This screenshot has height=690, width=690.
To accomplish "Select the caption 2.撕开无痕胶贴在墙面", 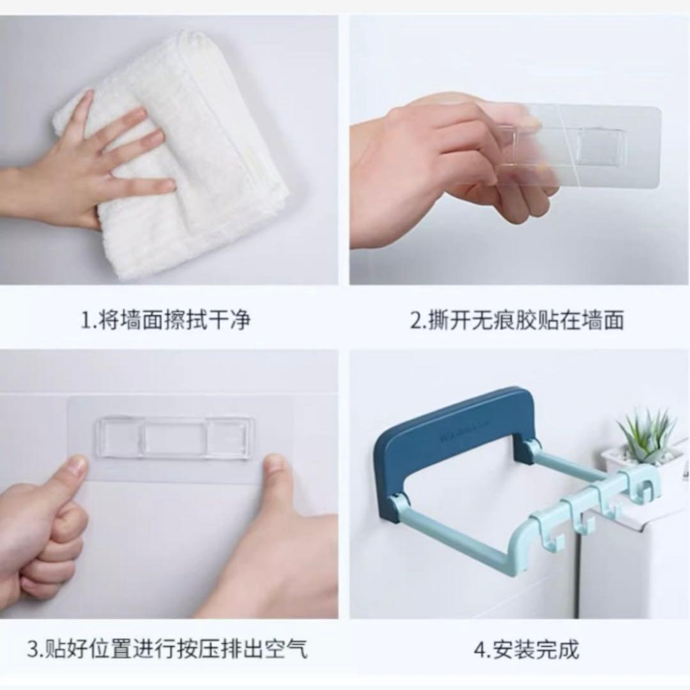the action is click(517, 320).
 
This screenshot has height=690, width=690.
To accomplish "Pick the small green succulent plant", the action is click(647, 433).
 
